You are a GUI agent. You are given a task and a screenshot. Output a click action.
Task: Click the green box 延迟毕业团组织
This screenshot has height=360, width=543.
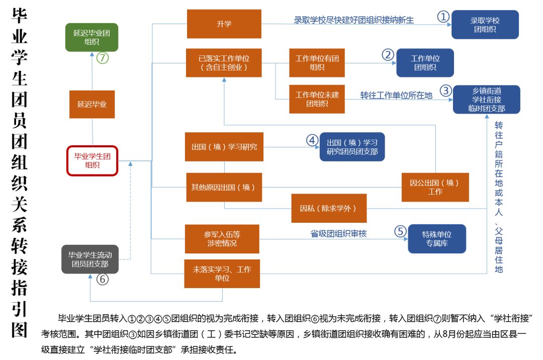(x=92, y=37)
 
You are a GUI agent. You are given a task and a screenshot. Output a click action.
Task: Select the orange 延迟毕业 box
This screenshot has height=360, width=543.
(x=92, y=105)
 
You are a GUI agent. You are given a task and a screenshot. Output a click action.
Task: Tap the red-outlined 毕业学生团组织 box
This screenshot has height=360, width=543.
(x=92, y=160)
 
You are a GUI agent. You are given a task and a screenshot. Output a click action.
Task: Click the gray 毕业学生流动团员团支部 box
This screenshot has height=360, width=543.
(x=89, y=259)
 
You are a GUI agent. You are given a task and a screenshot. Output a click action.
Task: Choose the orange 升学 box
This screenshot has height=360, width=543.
(x=224, y=24)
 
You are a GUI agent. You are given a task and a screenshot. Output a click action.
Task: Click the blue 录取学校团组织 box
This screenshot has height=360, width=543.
(x=485, y=25)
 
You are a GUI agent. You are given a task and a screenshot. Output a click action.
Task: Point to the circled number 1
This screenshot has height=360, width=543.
(x=442, y=17)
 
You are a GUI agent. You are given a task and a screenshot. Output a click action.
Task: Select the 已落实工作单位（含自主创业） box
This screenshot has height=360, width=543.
(x=224, y=63)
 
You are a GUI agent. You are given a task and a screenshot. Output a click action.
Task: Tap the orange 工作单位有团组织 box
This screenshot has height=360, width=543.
(x=317, y=63)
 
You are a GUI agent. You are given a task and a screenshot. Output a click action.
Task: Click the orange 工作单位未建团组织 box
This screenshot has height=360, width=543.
(x=317, y=99)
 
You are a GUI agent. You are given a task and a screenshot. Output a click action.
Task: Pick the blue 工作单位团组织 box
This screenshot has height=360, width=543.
(x=425, y=63)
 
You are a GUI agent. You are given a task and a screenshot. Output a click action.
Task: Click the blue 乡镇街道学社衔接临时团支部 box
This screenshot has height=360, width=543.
(x=486, y=100)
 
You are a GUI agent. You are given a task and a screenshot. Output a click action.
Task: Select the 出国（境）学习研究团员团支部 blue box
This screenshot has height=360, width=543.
(x=352, y=147)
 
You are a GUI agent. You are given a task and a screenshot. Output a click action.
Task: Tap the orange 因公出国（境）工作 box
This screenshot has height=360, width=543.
(x=435, y=187)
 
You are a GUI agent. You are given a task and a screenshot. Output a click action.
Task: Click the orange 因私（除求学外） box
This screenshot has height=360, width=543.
(x=329, y=208)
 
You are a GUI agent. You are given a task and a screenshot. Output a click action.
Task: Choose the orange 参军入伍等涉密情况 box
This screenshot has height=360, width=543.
(x=222, y=239)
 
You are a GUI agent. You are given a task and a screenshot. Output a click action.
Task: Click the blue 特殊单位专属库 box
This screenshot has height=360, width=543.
(x=436, y=239)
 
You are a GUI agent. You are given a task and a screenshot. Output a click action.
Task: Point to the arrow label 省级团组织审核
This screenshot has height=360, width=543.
(x=338, y=234)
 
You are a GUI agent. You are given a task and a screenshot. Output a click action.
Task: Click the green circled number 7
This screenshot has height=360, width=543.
(x=103, y=58)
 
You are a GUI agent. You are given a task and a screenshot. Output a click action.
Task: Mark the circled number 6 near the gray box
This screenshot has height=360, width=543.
(x=103, y=280)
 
